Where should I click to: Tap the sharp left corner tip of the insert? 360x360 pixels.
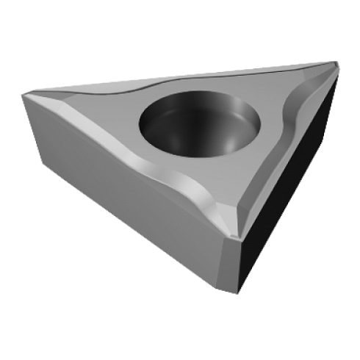tap(23, 93)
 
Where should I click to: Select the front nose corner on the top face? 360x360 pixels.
tap(234, 234)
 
